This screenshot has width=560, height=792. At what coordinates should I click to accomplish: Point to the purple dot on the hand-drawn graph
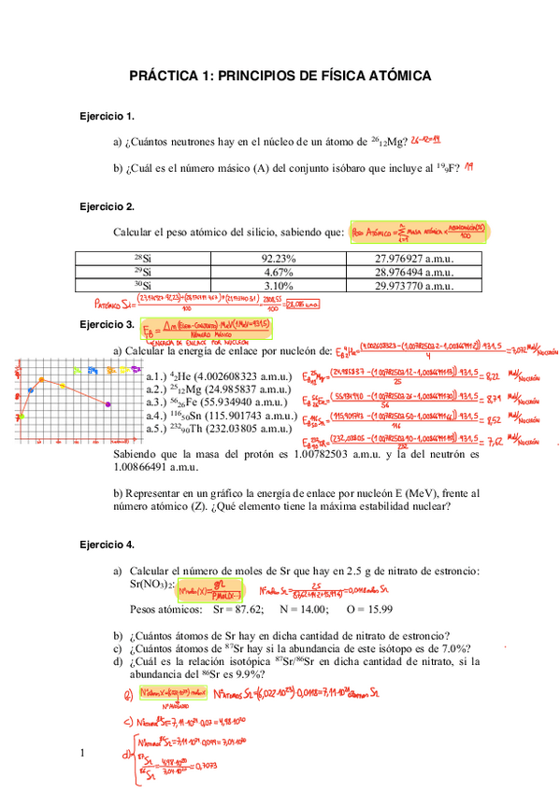click(109, 403)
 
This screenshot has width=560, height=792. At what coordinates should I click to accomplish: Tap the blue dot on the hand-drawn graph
click(31, 389)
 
